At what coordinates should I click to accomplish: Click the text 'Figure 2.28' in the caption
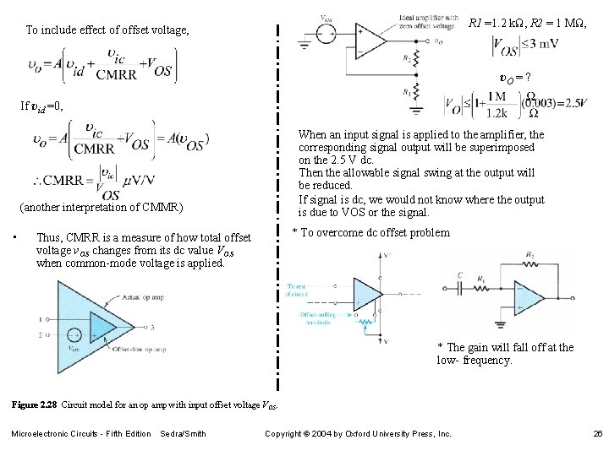33,406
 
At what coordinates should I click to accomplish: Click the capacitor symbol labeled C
460,287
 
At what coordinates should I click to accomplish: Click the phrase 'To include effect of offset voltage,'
107,30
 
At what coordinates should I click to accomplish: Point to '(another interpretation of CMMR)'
101,208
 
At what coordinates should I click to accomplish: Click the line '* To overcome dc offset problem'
370,233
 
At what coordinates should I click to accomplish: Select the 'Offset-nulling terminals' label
318,318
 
